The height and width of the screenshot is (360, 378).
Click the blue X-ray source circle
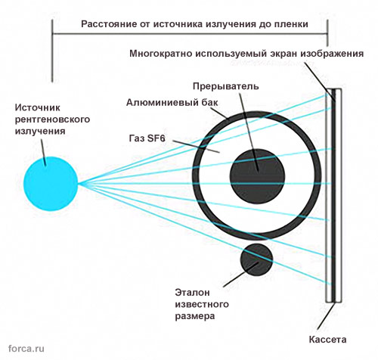(x=51, y=184)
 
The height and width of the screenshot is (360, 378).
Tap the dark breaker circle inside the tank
(x=257, y=176)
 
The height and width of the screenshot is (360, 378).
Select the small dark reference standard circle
(x=256, y=260)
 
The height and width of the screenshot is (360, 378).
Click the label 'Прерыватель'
(x=225, y=86)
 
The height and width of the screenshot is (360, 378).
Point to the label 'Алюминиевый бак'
(x=172, y=103)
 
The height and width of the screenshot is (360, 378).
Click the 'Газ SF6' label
(x=147, y=138)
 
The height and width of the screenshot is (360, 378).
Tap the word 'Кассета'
(x=327, y=340)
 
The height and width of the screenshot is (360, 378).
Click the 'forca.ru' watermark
(x=26, y=349)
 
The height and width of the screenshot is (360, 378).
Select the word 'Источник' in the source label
(x=38, y=107)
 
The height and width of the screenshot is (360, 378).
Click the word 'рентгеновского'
(x=52, y=119)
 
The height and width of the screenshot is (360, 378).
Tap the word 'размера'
(x=195, y=316)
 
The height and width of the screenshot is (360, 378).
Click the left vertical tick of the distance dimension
(x=52, y=51)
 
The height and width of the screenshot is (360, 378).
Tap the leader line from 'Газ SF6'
(x=196, y=147)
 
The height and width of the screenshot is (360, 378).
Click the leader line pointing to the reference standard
(x=240, y=275)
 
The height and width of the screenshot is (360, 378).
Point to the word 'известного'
(x=202, y=304)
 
